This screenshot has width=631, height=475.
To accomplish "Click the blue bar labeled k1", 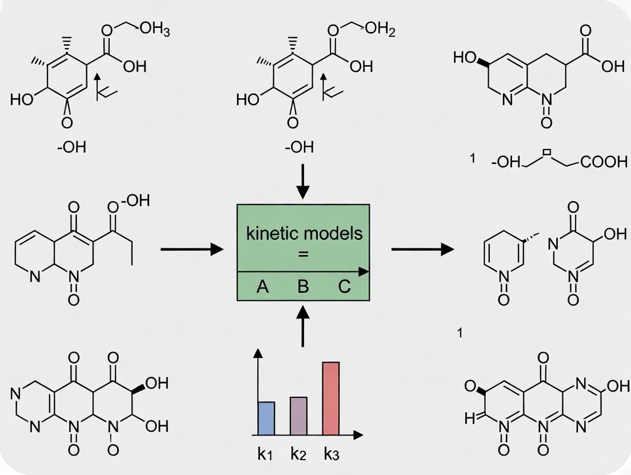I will tap(267, 418).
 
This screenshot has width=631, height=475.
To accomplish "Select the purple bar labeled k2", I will tap(298, 416).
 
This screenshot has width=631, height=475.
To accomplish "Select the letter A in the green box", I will tap(262, 286).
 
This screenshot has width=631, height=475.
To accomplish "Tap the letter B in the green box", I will tap(303, 286).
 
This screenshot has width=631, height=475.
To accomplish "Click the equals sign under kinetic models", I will tap(303, 255).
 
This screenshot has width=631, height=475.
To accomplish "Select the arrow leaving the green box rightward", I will tap(422, 249).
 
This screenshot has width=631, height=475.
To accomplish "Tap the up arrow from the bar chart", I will tap(303, 325).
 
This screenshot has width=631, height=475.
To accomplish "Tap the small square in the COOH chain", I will tap(546, 153).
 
